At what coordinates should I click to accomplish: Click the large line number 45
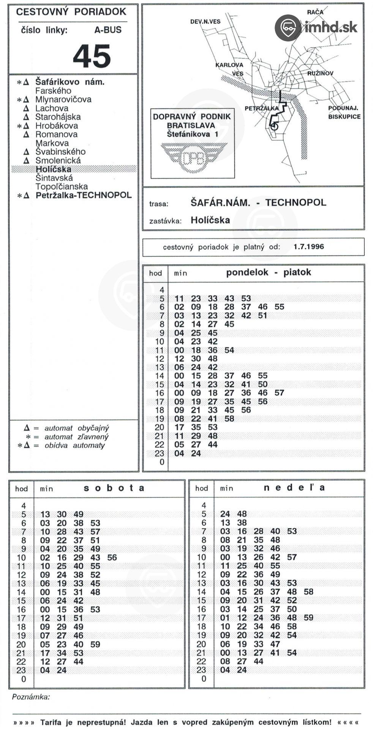coord(92,56)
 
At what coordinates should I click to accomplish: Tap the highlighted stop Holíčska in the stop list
coord(54,169)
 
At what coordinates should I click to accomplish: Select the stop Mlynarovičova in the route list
coord(63,100)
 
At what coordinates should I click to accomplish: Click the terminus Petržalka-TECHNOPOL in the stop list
coord(84,195)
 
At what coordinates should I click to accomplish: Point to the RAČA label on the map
coord(315,12)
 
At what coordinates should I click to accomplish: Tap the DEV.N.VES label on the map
coord(205,22)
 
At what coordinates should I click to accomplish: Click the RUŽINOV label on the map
coord(320,73)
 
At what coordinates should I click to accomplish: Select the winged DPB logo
coord(194,157)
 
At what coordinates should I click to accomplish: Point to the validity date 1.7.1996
coord(308,246)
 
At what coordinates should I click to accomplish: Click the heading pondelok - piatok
coord(269,272)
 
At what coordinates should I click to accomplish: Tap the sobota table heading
coord(114,488)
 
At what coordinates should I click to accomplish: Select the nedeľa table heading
coord(294,487)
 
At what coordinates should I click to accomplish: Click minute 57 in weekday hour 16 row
coord(279,393)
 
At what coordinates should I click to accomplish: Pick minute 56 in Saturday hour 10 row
coord(112,557)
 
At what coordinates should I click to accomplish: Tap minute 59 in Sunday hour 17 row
coord(308,618)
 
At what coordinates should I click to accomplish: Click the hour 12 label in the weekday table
coord(160,359)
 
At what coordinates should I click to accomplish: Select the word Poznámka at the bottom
coord(31,697)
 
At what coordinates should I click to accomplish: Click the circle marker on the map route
coord(274,126)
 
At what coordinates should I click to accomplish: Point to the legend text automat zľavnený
coord(76,437)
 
